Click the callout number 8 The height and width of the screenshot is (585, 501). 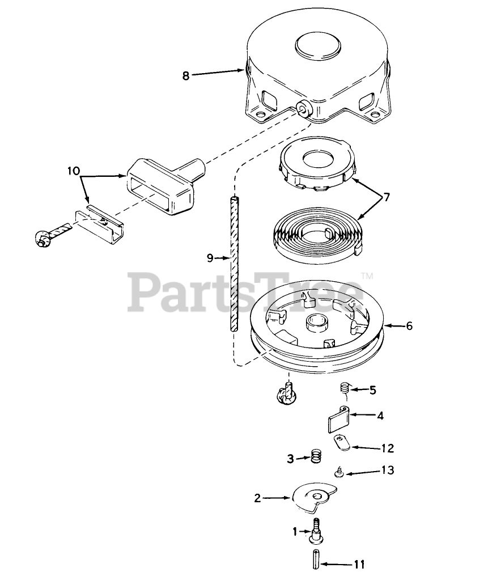185,75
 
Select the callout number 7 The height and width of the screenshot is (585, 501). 387,198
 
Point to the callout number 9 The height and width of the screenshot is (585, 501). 210,258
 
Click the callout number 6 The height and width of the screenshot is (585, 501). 409,326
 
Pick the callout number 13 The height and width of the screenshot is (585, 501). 388,470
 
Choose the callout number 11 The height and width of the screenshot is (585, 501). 359,564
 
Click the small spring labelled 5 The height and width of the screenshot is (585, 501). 344,389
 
